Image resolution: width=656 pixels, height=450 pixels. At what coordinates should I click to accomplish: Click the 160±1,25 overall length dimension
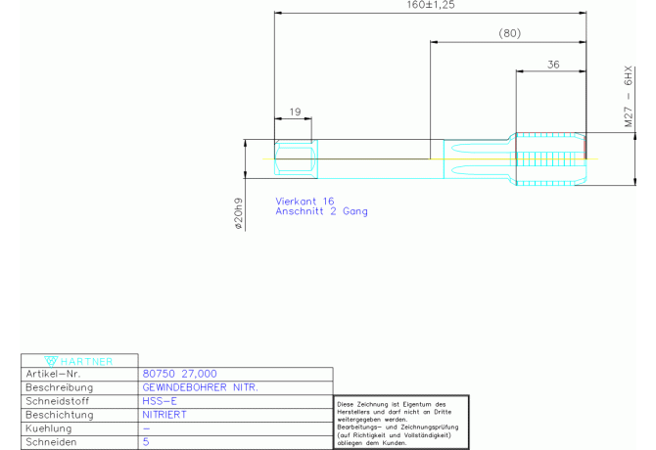(x=430, y=5)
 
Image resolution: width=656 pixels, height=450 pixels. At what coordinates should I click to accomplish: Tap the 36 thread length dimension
(x=553, y=65)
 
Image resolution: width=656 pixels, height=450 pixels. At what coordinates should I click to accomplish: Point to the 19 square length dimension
(x=294, y=112)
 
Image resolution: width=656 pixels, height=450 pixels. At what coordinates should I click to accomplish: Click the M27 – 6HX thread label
(x=629, y=98)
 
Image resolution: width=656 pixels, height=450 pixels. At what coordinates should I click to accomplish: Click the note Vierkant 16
(x=305, y=201)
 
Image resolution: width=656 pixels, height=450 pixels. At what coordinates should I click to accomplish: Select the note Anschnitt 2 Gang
(x=322, y=211)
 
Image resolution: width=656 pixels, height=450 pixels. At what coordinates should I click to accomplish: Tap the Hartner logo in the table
(x=80, y=360)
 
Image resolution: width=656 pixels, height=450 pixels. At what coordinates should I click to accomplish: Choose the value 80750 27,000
(x=179, y=374)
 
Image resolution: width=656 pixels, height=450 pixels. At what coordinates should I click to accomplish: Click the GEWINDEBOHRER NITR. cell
(x=201, y=387)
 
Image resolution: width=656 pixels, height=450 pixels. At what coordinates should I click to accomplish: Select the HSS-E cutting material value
(x=160, y=401)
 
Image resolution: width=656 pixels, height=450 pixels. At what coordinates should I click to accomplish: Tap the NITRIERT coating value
(x=164, y=415)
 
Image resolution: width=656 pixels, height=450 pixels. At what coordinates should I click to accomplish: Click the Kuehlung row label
(x=49, y=428)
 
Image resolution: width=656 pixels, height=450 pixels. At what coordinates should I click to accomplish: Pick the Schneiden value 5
(x=146, y=442)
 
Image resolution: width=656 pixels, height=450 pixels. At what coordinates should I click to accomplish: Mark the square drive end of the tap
(x=295, y=158)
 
